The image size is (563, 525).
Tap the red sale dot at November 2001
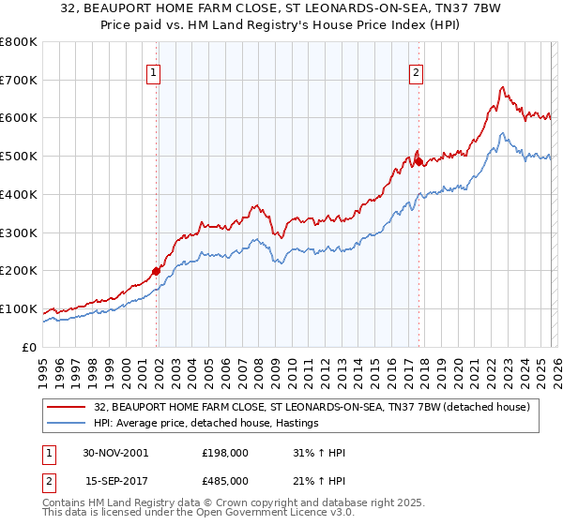pyautogui.click(x=157, y=271)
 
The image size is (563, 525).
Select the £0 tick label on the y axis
pyautogui.click(x=28, y=347)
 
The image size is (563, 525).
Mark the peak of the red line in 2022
pyautogui.click(x=503, y=88)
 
